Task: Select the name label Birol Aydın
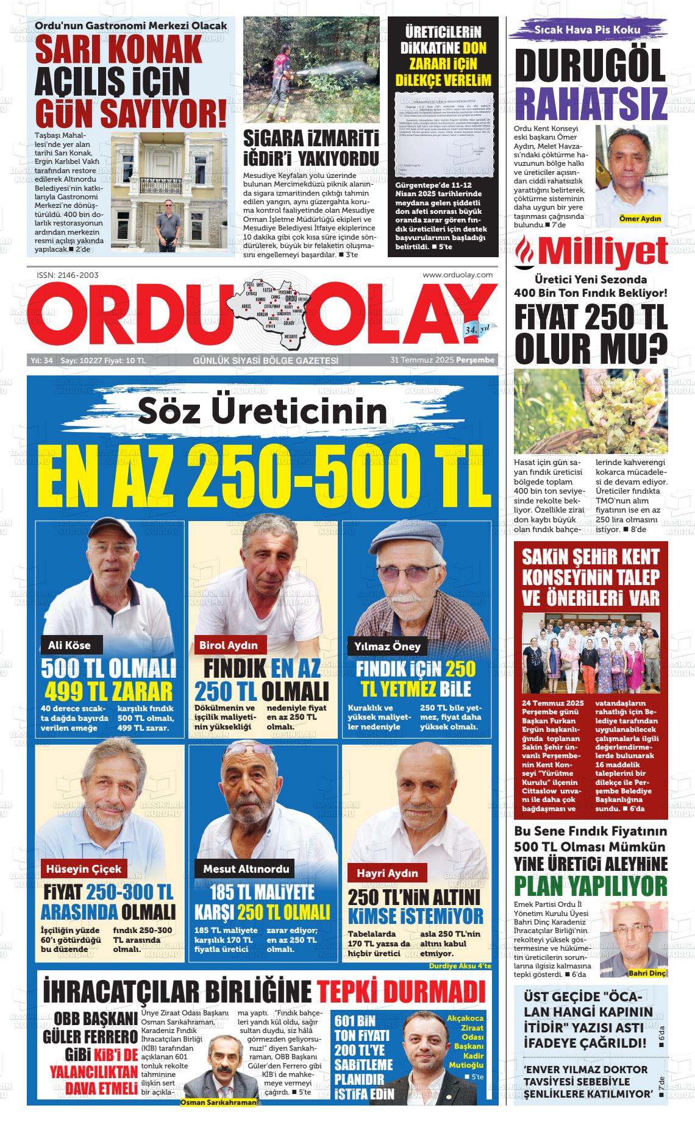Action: [x=229, y=644]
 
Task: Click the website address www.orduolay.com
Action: [x=457, y=275]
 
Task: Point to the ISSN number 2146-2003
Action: [x=68, y=275]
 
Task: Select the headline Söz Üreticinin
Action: [x=262, y=411]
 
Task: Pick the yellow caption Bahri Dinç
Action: [x=647, y=973]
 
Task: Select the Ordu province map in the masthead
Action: [x=268, y=311]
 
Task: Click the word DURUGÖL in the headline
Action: [x=590, y=66]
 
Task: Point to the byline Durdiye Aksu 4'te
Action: [x=460, y=966]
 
